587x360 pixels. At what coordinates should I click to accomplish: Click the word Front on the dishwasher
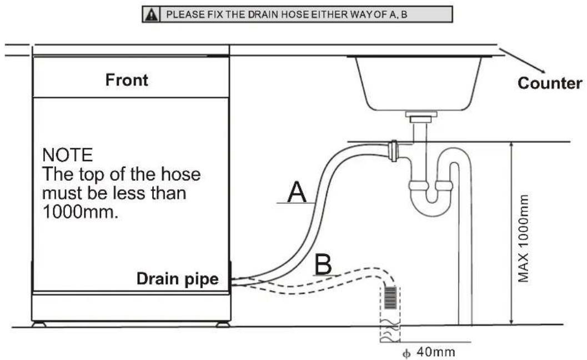point(127,80)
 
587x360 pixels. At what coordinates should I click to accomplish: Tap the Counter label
point(550,83)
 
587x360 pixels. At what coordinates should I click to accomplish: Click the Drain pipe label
point(178,279)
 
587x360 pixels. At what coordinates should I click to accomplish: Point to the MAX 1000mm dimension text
point(524,238)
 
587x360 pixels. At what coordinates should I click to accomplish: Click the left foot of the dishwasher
point(39,324)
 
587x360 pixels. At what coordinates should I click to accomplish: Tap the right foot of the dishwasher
point(223,324)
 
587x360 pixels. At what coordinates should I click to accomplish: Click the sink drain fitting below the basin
point(422,116)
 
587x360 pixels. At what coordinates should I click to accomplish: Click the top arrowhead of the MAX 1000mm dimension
point(511,146)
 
